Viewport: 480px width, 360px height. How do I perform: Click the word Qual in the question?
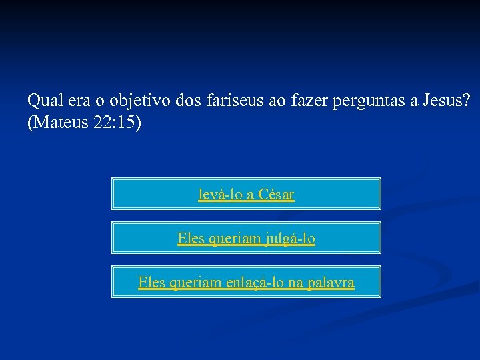(43, 101)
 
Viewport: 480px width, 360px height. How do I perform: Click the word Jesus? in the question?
(447, 101)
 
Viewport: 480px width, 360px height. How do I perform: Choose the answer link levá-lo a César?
(246, 195)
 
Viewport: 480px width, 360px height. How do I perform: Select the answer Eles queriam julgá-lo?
(246, 238)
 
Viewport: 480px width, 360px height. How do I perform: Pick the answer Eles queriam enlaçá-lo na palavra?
(246, 283)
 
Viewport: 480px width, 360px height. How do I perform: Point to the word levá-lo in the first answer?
(219, 195)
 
